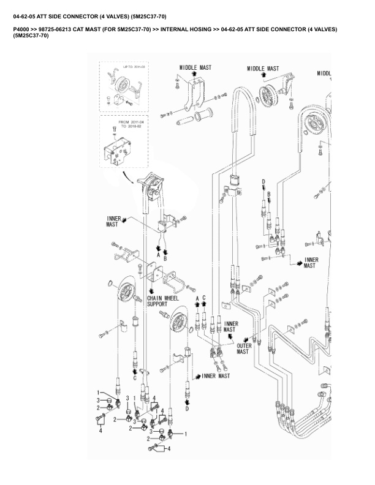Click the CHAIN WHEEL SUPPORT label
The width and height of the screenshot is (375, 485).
(162, 301)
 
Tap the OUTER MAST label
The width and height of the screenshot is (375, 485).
(244, 349)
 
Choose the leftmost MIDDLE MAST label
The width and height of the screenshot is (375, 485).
(195, 67)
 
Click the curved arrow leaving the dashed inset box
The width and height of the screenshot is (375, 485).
(128, 178)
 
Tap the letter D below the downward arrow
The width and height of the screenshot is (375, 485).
(187, 409)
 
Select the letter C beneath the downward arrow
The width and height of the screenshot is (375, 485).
(135, 378)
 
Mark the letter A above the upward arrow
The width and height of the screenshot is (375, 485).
(197, 298)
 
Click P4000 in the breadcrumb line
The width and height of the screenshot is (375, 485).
(21, 29)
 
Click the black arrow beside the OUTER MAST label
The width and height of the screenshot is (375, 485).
(246, 338)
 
